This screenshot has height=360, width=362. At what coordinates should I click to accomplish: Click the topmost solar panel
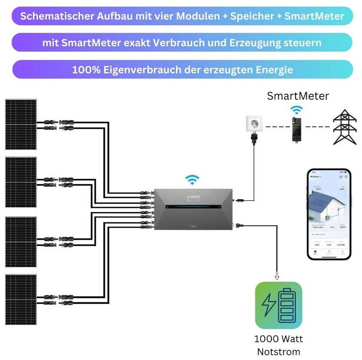coord(21,124)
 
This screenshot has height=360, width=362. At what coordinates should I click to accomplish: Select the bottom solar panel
coord(21,300)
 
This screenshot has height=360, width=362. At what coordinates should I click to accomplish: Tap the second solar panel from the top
coord(21,182)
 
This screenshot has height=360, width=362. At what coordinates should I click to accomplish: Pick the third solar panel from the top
coord(21,242)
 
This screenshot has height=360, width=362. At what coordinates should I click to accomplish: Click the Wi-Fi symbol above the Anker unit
coord(192,180)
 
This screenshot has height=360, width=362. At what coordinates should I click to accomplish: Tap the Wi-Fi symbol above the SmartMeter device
coord(296,110)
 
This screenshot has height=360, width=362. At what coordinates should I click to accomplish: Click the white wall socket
coord(253,123)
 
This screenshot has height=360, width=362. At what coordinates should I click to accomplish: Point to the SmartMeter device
coord(296,129)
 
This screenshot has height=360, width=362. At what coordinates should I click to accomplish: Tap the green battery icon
coord(278,305)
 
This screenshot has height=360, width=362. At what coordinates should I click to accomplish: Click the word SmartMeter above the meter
coord(298,96)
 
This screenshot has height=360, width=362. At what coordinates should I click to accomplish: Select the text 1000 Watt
coord(278,339)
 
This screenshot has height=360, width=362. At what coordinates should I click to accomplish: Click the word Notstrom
coord(278,352)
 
